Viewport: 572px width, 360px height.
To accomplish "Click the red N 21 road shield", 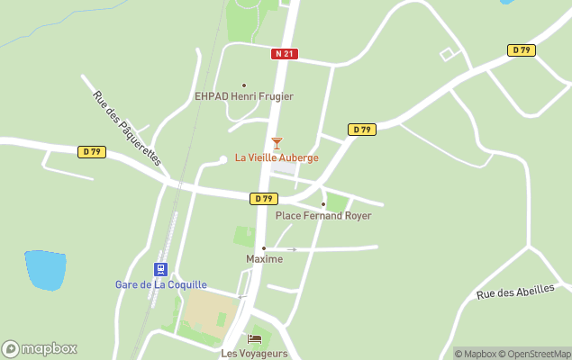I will click(284, 54).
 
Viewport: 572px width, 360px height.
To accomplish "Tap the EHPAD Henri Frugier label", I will click(244, 96).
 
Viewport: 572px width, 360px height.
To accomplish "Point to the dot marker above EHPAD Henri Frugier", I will click(243, 85).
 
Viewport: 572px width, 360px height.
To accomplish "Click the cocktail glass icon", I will click(277, 143).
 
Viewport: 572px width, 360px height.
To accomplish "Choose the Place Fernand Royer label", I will click(323, 216).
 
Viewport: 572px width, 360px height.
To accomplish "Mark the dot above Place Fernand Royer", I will click(323, 204).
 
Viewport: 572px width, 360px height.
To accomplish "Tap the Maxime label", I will click(264, 259).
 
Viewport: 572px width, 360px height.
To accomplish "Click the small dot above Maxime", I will click(264, 248).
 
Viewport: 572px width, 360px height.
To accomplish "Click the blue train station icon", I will click(160, 269).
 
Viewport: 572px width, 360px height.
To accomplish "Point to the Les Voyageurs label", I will click(254, 354).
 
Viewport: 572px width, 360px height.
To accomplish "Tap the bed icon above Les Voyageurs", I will click(254, 339).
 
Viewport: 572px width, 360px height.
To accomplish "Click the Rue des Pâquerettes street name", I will click(126, 127).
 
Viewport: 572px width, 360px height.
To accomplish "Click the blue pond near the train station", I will click(45, 269).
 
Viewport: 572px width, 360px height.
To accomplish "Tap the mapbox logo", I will click(40, 349).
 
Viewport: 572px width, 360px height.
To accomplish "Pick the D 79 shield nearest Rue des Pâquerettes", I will click(92, 152).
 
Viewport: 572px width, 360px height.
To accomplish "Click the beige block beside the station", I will click(209, 311).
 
